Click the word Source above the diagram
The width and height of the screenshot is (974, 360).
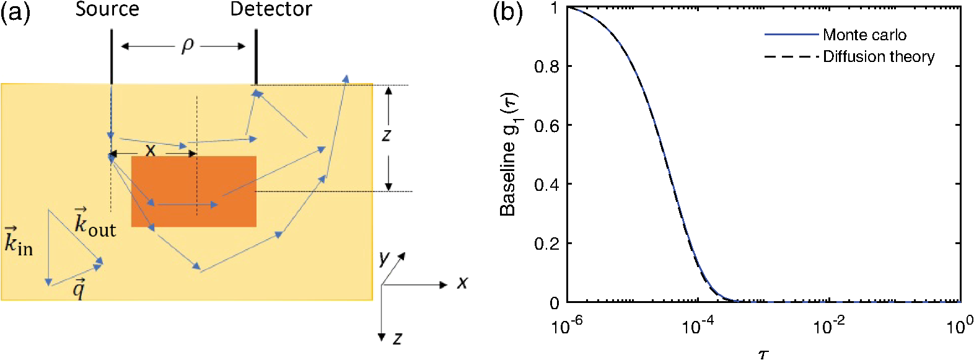click(x=107, y=9)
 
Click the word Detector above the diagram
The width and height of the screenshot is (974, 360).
click(x=271, y=9)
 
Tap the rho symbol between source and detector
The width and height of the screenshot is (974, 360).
click(x=188, y=45)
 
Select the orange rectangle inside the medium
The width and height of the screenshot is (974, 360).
click(x=194, y=191)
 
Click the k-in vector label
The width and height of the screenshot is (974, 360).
click(x=18, y=242)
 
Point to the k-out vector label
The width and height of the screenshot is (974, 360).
click(x=94, y=222)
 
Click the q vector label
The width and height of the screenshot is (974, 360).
click(x=79, y=289)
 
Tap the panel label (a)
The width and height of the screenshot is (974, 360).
click(x=15, y=12)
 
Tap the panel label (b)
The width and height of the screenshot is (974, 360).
click(x=507, y=12)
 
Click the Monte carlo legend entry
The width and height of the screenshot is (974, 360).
click(x=864, y=35)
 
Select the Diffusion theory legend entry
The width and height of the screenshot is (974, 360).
click(x=878, y=57)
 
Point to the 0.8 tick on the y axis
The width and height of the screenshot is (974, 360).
click(x=546, y=66)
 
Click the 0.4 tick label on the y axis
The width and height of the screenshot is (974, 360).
click(x=546, y=185)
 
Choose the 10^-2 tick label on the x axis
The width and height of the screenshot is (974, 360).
click(x=829, y=325)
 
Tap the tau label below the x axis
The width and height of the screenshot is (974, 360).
click(x=763, y=354)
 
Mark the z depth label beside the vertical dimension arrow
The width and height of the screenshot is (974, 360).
click(x=387, y=134)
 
